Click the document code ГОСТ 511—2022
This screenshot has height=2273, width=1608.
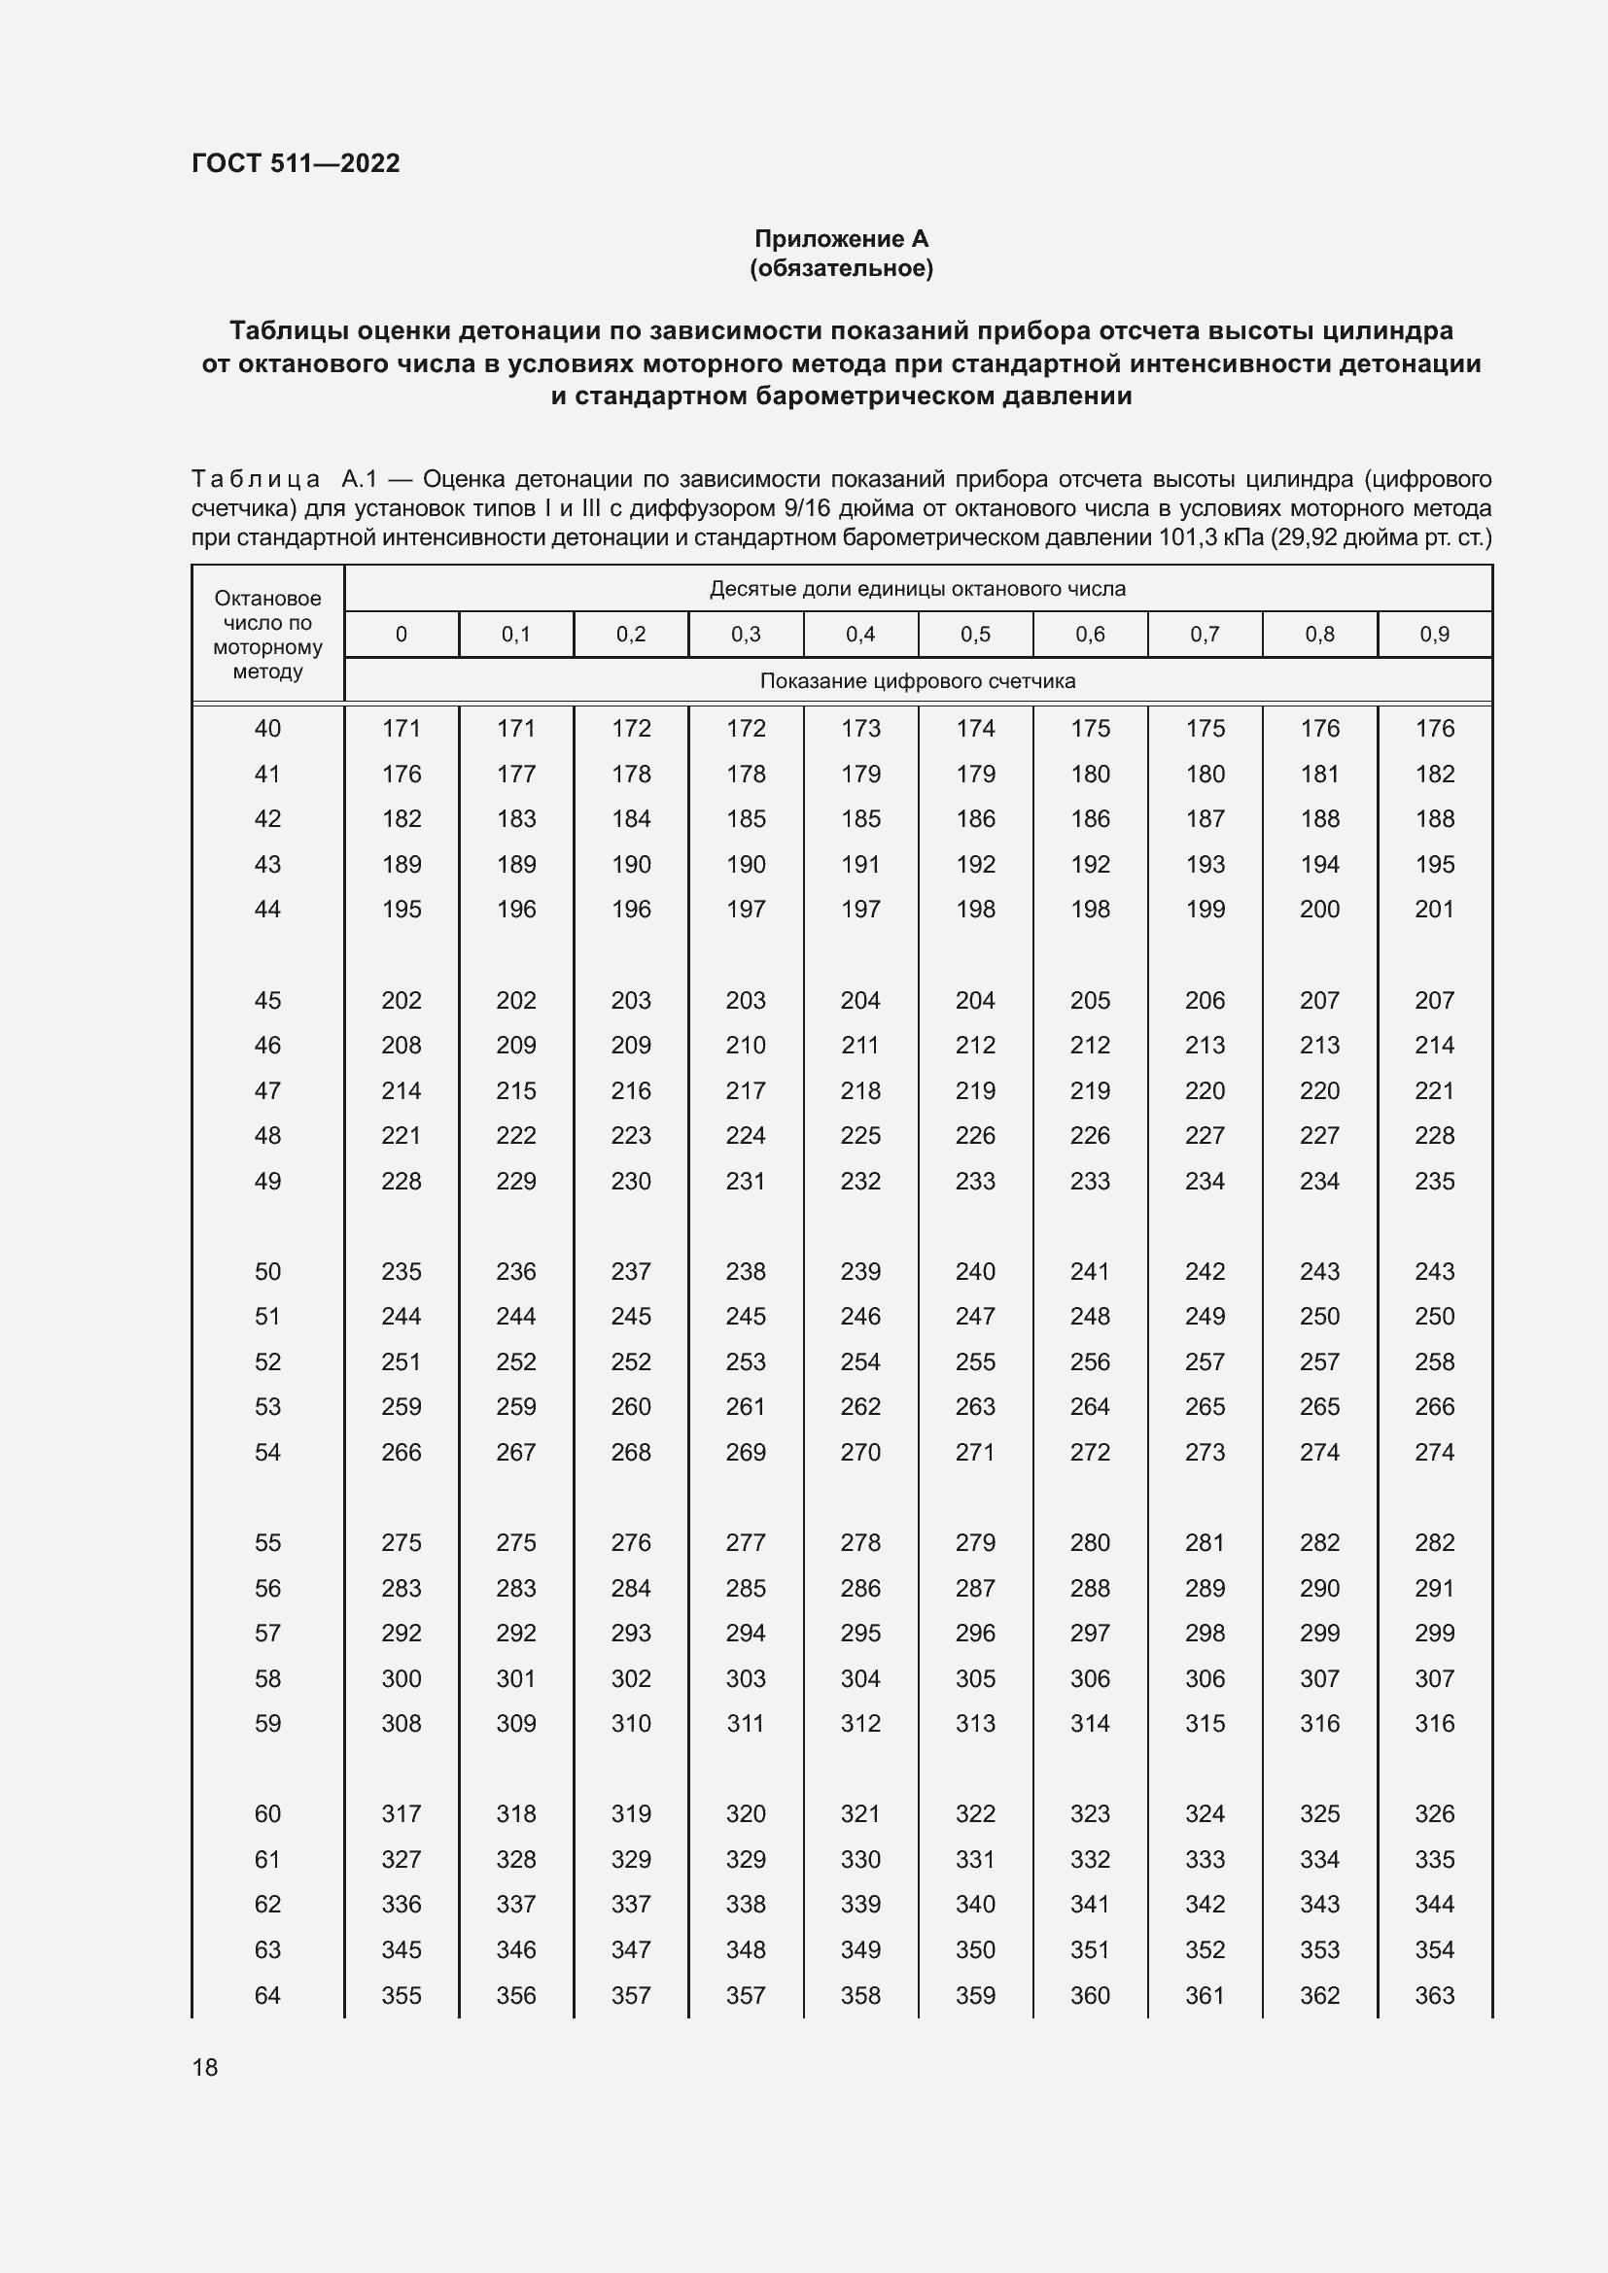tap(296, 163)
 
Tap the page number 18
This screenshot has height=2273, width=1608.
tap(205, 2067)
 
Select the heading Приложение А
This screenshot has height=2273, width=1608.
tap(841, 239)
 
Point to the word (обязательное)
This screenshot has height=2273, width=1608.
tap(841, 268)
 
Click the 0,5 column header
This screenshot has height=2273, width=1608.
tap(975, 635)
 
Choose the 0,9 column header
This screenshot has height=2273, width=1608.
tap(1434, 635)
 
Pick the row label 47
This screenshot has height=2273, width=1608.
tap(267, 1091)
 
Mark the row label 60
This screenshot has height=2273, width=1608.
tap(267, 1813)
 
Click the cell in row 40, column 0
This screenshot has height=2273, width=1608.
tap(401, 729)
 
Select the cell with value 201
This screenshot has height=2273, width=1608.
tap(1434, 909)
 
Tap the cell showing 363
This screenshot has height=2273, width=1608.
tap(1434, 1995)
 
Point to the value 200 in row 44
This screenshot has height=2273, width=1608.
tap(1319, 909)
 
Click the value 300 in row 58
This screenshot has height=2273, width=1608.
tap(401, 1678)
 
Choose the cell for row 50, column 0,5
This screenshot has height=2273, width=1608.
tap(975, 1271)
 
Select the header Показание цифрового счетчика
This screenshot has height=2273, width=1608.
tap(917, 681)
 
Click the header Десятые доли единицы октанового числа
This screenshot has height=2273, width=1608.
tap(917, 589)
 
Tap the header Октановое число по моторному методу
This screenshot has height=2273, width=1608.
tap(267, 635)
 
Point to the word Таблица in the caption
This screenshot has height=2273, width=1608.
tap(256, 480)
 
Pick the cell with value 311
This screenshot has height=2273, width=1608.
tap(746, 1724)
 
